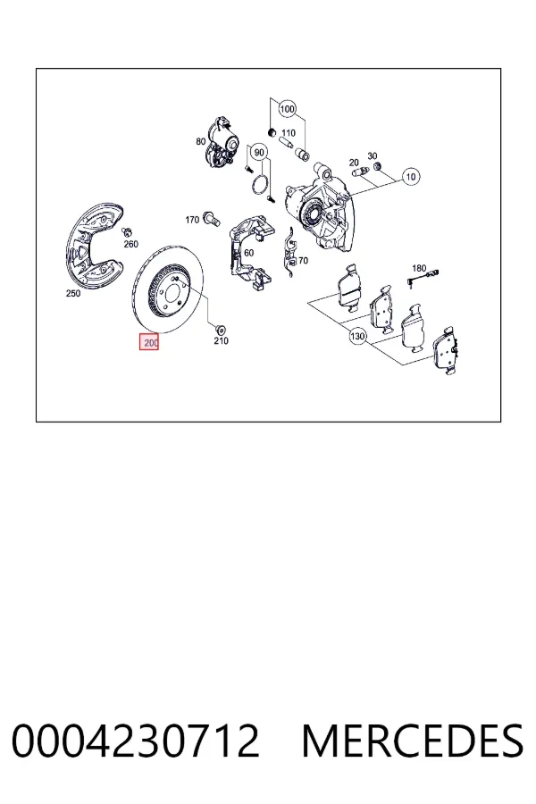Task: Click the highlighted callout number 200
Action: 149,342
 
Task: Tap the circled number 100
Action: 288,109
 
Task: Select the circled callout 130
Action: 357,337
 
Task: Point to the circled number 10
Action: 411,177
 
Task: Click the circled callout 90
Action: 259,152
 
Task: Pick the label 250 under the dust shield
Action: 73,294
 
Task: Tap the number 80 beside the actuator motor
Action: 200,141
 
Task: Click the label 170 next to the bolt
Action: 192,220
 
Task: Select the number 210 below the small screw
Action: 221,340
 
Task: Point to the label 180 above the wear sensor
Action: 419,268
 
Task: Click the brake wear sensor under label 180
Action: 422,279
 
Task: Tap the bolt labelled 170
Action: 211,219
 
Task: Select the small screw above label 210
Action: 222,329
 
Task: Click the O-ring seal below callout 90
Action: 261,186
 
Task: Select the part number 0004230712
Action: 136,741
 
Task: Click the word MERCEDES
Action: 413,741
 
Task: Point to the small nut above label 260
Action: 129,231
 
